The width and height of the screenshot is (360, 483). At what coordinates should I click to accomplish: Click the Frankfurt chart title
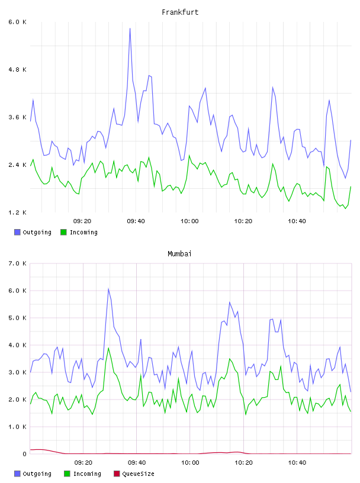[x=180, y=12]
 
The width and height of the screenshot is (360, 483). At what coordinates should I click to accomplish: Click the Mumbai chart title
[x=179, y=254]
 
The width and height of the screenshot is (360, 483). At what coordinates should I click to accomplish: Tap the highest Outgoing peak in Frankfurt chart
[x=130, y=28]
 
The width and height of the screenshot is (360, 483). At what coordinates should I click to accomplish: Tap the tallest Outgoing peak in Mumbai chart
[x=108, y=289]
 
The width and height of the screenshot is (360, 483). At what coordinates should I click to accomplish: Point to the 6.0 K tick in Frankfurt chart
[x=17, y=22]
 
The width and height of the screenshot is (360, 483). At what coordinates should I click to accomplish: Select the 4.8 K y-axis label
[x=17, y=70]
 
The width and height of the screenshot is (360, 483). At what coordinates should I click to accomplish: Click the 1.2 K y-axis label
[x=17, y=212]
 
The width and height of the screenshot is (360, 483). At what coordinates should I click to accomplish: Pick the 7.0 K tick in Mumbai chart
[x=17, y=263]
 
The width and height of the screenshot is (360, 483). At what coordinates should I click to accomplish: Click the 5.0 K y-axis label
[x=17, y=318]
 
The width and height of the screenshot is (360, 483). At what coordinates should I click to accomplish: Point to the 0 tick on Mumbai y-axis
[x=24, y=454]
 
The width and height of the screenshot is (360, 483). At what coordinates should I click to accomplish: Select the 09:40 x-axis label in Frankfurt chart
[x=136, y=221]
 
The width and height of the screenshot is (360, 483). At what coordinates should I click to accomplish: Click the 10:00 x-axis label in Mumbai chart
[x=190, y=463]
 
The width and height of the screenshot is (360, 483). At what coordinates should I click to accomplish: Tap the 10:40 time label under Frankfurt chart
[x=297, y=221]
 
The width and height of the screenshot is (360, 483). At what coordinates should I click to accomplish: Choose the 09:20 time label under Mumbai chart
[x=83, y=463]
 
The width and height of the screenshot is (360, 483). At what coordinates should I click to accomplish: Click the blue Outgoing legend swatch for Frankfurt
[x=17, y=232]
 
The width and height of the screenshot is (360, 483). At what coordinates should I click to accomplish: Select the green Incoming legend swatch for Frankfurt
[x=63, y=232]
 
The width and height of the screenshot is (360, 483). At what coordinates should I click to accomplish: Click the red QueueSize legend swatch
[x=117, y=474]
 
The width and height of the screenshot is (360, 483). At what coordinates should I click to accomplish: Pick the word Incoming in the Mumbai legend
[x=87, y=474]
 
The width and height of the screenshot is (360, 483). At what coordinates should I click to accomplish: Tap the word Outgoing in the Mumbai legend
[x=37, y=474]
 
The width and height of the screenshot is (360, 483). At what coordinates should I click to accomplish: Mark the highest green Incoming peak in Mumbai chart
[x=108, y=348]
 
